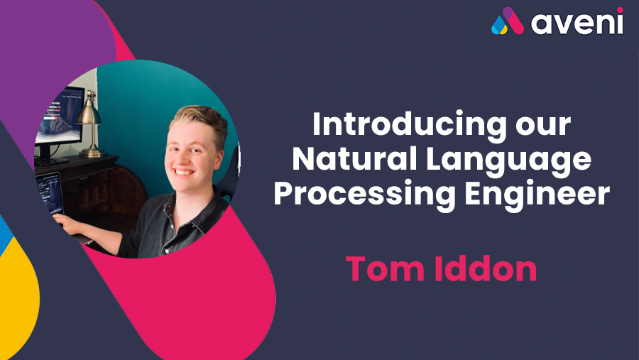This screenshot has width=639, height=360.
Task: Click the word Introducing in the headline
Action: [x=409, y=124]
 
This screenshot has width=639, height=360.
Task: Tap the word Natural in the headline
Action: [x=354, y=158]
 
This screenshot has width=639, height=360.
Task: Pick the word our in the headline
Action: [x=543, y=127]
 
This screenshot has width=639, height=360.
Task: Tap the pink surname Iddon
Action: [x=486, y=268]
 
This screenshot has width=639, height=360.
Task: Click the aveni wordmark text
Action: [x=577, y=23]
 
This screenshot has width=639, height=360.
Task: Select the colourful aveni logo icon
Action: [x=508, y=21]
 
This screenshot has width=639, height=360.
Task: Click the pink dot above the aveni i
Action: [x=620, y=10]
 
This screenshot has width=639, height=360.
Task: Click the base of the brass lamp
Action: [x=93, y=153]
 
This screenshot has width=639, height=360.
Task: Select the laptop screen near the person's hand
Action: [x=49, y=193]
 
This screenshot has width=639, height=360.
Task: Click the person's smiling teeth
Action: [x=183, y=173]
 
